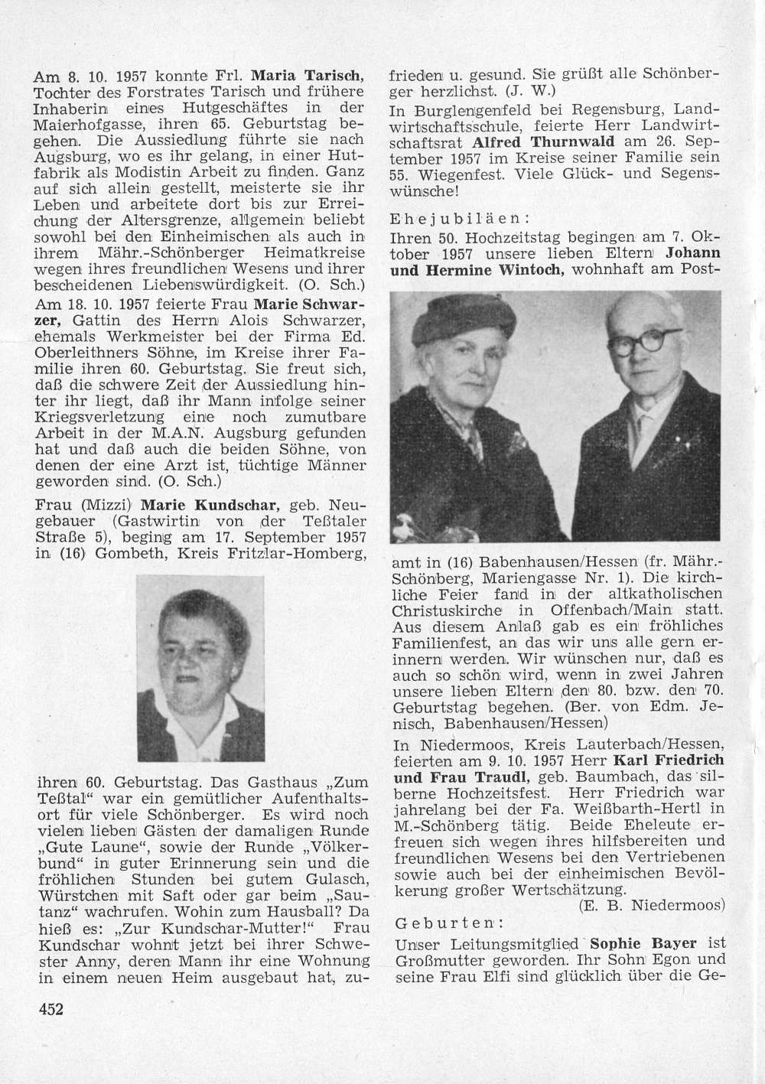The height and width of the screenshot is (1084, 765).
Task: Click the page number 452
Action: click(x=50, y=1008)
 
